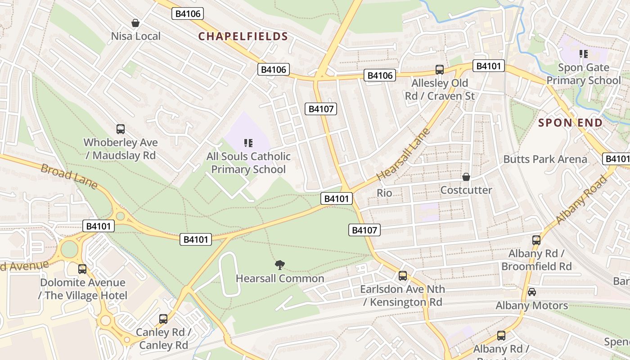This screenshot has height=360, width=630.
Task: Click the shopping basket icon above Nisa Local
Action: tap(135, 22)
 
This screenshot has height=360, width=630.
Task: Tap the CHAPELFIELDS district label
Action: tap(243, 36)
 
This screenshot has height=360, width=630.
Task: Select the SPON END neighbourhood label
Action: tap(570, 123)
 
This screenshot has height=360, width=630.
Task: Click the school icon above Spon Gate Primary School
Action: tap(584, 54)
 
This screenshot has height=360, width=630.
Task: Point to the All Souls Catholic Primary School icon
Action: tap(248, 144)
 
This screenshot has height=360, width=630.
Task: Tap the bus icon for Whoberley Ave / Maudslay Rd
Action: tap(121, 129)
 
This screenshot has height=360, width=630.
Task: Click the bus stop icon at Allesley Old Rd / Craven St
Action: tap(440, 70)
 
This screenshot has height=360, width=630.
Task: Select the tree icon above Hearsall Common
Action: tap(280, 265)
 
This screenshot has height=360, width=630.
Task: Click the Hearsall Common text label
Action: tap(280, 279)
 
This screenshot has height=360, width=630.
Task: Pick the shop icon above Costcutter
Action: tap(466, 177)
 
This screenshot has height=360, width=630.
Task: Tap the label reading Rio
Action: tap(384, 193)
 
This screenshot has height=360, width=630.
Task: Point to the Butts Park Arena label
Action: tap(545, 159)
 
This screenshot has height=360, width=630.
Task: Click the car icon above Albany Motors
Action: tap(531, 292)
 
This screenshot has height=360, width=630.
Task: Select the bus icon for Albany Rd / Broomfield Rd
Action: tap(536, 240)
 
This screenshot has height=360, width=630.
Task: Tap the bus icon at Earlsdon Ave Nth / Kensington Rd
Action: tap(403, 276)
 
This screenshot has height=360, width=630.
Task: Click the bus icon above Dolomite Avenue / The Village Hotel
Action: tap(82, 269)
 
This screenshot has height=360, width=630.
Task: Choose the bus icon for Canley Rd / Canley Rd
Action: tap(163, 319)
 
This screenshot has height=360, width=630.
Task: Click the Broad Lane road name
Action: tap(69, 176)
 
